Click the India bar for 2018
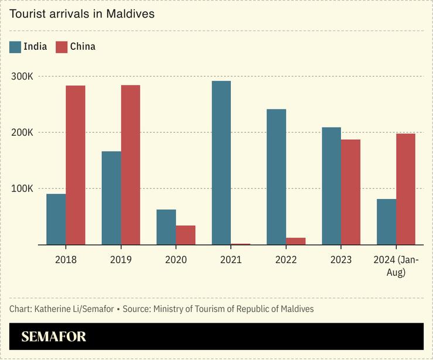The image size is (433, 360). pos(56,219)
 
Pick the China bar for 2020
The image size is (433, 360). pos(186,235)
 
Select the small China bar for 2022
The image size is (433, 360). pos(296,241)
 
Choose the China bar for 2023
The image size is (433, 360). pos(351,192)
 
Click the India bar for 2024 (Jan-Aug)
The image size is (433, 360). pos(387,222)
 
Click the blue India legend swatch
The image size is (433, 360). pos(15,47)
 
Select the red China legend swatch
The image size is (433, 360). pos(62,47)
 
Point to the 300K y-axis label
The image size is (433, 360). pos(23,76)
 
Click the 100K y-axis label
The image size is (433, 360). pos(23,188)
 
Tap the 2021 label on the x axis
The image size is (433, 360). pos(231,260)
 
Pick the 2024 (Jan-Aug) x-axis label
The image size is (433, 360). pos(396,266)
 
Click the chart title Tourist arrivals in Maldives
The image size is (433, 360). pos(82,13)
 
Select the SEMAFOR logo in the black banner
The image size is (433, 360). pos(54,337)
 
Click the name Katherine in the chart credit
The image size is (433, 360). pos(53,308)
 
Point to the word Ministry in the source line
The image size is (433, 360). pos(169,308)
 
